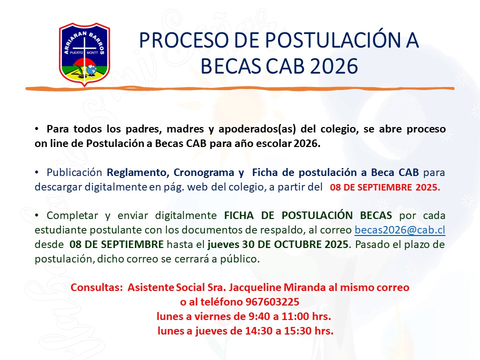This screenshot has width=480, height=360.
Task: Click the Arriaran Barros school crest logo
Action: (84, 54)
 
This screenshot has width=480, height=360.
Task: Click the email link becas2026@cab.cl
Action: (400, 230)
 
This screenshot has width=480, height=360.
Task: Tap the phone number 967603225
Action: (272, 302)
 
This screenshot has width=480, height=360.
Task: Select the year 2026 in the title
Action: (334, 66)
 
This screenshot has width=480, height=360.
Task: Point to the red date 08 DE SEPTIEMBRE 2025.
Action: (385, 187)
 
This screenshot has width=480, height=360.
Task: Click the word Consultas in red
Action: (96, 287)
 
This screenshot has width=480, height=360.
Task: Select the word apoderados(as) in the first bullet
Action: (257, 129)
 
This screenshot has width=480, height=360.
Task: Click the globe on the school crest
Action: (91, 70)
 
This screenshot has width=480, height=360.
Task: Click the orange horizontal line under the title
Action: (239, 88)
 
